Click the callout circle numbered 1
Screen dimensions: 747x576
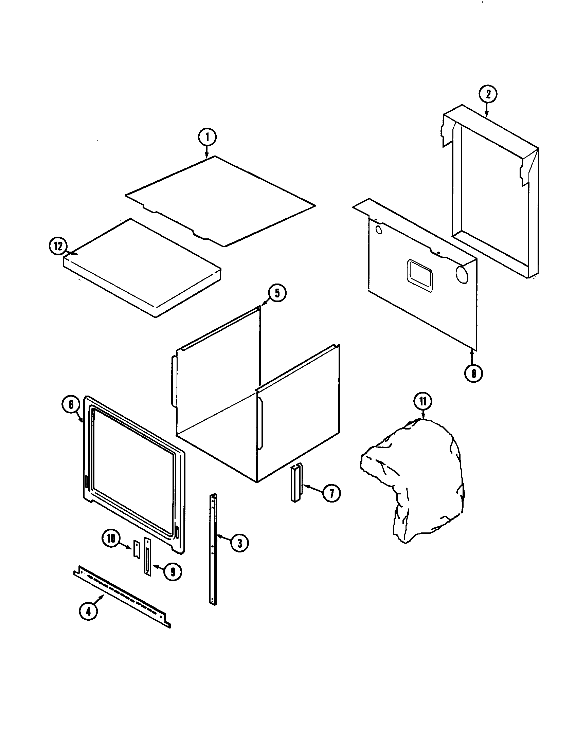(207, 138)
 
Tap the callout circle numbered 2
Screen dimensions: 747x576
(488, 94)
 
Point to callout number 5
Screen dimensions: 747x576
(277, 293)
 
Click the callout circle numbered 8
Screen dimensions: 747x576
(474, 373)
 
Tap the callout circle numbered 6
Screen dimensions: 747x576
(71, 405)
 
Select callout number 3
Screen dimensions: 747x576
(239, 543)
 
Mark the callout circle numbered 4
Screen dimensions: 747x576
(88, 611)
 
